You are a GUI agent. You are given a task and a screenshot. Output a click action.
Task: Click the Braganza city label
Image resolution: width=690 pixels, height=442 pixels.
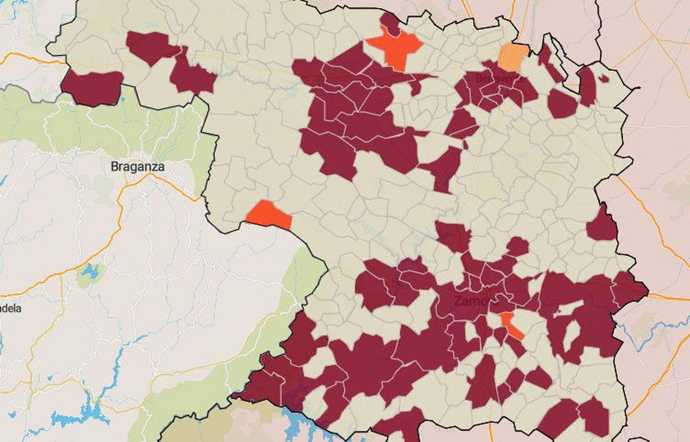137,166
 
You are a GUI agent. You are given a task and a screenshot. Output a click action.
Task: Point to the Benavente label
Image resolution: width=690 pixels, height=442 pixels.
500,79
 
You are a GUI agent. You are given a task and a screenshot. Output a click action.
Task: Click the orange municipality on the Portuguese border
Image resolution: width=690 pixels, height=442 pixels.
269,215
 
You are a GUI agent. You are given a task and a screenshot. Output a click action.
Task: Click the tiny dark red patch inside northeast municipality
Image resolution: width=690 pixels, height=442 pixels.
603,79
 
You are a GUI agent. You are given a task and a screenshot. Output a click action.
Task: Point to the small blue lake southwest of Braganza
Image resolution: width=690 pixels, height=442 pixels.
90,272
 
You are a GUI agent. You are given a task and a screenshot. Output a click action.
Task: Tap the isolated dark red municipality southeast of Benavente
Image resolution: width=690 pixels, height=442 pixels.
562,104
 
